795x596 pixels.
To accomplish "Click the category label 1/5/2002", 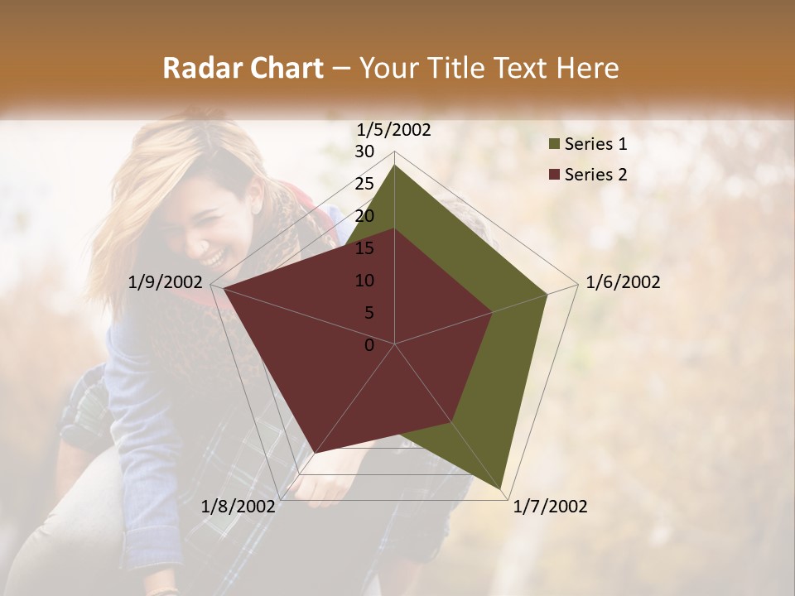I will [x=394, y=129].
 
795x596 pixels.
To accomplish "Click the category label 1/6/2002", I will [x=623, y=282].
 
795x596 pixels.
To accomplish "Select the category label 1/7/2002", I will [x=550, y=507].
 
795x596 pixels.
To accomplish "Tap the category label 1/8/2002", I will [x=238, y=507].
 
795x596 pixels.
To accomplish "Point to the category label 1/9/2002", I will [x=166, y=282].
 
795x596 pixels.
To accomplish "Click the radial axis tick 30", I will [x=364, y=151].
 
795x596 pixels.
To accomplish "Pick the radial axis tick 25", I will [x=364, y=184].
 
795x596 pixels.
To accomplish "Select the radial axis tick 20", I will [x=364, y=216].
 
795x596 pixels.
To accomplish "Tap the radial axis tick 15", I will [x=364, y=248].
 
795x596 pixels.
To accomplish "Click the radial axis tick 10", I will [x=364, y=281].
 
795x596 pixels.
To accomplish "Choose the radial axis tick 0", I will [x=369, y=345].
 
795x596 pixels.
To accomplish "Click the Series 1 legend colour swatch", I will [x=554, y=145].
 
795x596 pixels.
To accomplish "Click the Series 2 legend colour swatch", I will [x=554, y=175].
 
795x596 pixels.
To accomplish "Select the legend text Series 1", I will [x=595, y=144].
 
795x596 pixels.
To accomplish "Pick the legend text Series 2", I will [x=595, y=175].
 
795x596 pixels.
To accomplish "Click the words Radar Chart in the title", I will [x=243, y=68].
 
